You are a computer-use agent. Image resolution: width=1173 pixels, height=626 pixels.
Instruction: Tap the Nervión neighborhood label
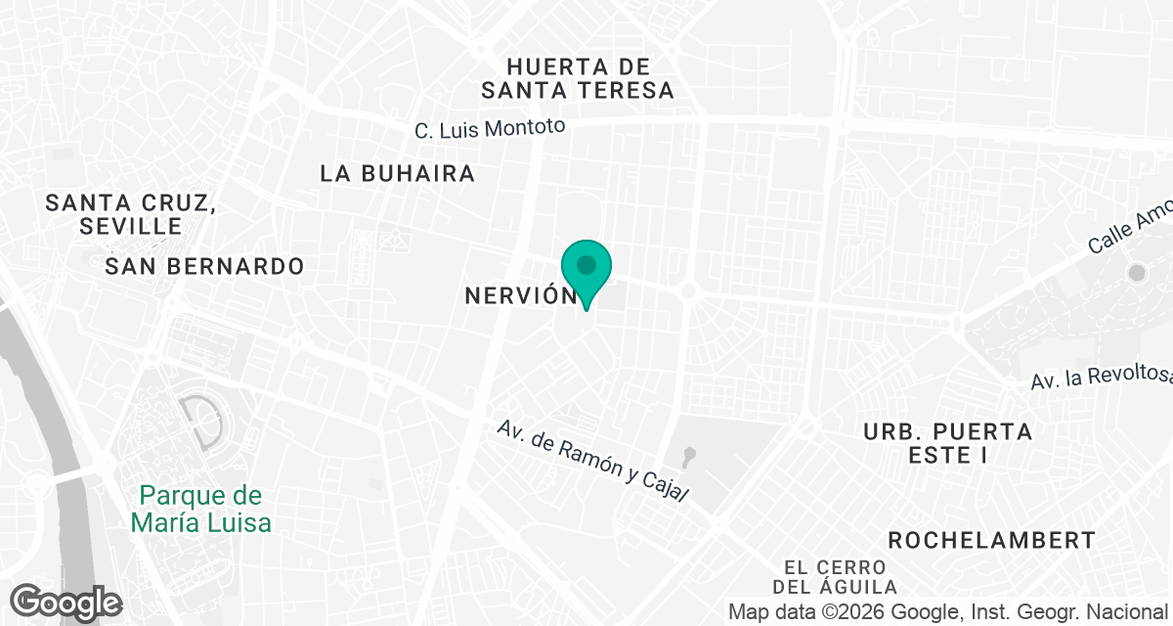pos(518,295)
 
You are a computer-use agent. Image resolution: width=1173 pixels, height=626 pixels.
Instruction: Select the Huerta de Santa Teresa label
pos(578,78)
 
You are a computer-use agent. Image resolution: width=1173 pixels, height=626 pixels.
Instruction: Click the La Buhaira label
pos(398,174)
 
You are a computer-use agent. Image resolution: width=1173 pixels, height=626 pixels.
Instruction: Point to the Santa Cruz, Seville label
pos(130,214)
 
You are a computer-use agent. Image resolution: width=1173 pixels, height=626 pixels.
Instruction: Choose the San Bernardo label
pos(204,266)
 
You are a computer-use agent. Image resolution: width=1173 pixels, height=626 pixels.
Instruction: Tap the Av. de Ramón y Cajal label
pos(593,461)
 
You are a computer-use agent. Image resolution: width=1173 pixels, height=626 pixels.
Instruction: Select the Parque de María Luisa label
pos(201,509)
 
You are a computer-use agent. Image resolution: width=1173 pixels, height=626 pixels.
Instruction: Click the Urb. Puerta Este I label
pos(947,443)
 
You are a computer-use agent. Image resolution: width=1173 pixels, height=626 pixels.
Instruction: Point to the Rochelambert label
pos(991,540)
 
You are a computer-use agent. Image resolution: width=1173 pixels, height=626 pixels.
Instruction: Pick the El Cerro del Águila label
pos(835,577)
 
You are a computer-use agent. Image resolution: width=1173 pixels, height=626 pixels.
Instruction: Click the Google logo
pos(66,602)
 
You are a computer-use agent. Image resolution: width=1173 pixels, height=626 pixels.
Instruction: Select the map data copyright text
pos(949,612)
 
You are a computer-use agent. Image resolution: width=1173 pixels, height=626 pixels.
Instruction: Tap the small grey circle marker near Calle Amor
pos(1136,273)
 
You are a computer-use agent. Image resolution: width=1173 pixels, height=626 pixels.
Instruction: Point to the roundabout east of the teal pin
pos(688,291)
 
